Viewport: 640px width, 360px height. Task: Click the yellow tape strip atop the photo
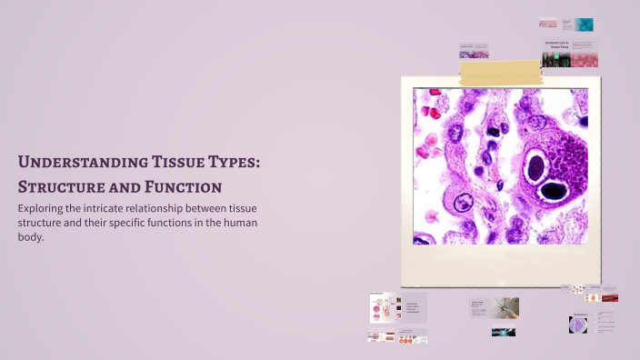point(500,72)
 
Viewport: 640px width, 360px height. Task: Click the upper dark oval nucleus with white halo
point(535,166)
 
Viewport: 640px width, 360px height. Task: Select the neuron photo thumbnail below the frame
point(506,307)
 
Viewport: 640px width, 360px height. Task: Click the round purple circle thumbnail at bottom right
point(577,324)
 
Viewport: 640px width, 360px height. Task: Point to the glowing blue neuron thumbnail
point(504,332)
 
